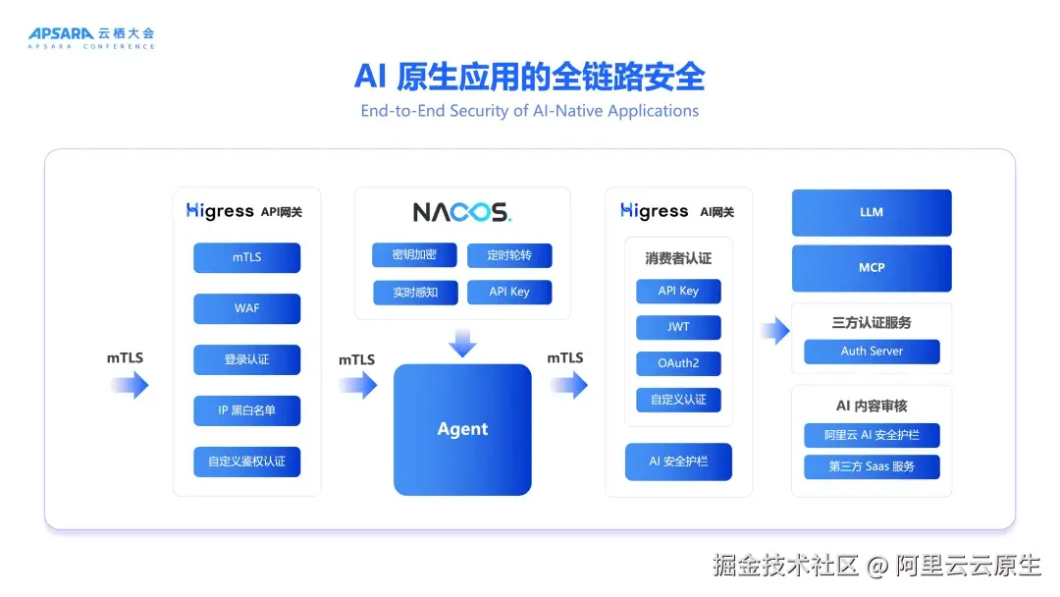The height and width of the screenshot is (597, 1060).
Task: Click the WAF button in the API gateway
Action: click(246, 308)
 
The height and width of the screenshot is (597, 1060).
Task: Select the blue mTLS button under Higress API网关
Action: click(246, 257)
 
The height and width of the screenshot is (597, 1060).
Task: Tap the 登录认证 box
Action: click(246, 359)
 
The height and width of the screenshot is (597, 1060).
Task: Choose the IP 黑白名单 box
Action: click(246, 410)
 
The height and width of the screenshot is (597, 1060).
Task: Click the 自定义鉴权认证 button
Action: click(246, 461)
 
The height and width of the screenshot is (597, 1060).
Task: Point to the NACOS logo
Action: click(462, 212)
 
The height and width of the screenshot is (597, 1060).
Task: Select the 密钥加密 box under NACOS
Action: click(414, 255)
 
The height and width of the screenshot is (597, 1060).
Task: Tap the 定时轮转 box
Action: click(509, 255)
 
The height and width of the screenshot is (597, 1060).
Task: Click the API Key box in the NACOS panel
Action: click(509, 292)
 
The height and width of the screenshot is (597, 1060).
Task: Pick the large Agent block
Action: click(462, 429)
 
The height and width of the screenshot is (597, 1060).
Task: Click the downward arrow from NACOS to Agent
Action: click(462, 343)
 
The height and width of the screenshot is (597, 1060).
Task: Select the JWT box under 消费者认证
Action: click(679, 327)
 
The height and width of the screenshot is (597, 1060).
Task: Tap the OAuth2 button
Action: click(679, 363)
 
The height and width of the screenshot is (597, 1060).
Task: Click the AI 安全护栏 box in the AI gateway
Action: click(679, 461)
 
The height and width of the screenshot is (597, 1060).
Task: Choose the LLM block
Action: click(873, 212)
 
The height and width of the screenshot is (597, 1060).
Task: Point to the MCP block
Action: click(873, 268)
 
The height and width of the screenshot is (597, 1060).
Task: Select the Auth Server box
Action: click(873, 352)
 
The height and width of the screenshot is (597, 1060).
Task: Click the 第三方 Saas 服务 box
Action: click(873, 466)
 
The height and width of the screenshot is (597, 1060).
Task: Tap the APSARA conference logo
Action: click(91, 38)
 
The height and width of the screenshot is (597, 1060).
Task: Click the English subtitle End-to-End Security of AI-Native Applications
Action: click(530, 111)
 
